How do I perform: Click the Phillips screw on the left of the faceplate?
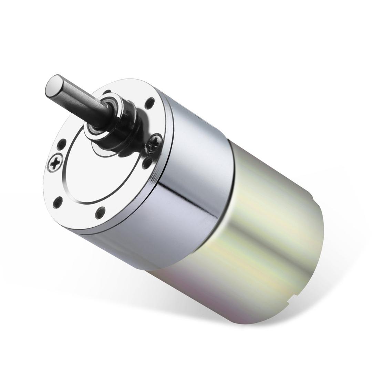tap(55, 162)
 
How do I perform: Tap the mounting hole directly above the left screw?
tap(62, 144)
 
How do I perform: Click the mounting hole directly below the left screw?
tap(58, 202)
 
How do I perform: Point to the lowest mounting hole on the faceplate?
tap(100, 213)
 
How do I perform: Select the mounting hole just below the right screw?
tap(147, 162)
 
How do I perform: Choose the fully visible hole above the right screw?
tap(149, 103)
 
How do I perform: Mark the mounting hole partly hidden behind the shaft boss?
tap(107, 92)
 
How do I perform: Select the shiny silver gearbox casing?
tap(193, 179)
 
